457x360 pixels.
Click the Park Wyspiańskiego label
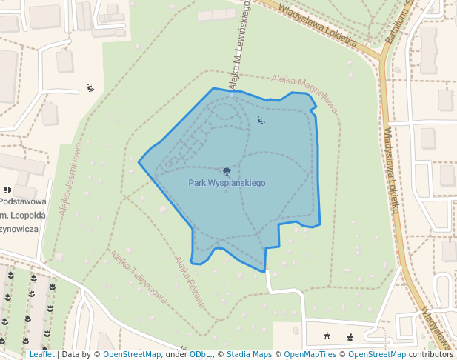click(x=227, y=182)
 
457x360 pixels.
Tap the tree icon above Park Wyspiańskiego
click(x=227, y=171)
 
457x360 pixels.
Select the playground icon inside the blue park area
click(x=260, y=120)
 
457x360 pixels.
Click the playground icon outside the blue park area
click(x=90, y=88)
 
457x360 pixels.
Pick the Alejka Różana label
click(x=189, y=282)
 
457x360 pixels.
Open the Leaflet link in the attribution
click(x=41, y=354)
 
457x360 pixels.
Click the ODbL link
click(x=200, y=354)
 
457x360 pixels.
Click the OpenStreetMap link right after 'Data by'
click(x=132, y=354)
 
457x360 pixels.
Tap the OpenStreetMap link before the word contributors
click(x=377, y=354)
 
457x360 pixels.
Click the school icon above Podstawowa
click(x=7, y=190)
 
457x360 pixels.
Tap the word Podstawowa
click(x=23, y=201)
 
